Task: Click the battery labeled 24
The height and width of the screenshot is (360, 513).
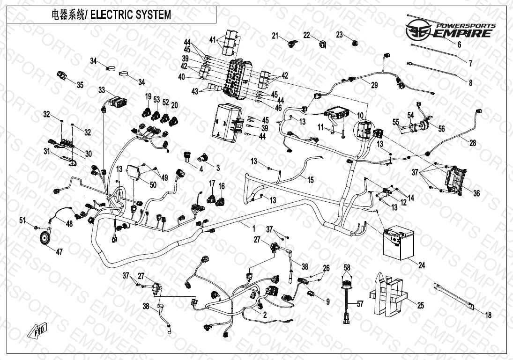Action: click(x=397, y=242)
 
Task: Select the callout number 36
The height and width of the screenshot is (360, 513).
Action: click(x=476, y=193)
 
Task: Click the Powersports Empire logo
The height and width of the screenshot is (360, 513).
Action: click(x=450, y=31)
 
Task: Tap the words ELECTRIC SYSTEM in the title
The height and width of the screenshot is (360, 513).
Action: click(x=130, y=15)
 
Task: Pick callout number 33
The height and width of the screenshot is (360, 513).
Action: click(x=102, y=90)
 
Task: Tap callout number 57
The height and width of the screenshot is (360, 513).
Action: click(x=359, y=304)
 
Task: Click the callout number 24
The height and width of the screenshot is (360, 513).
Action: click(x=422, y=265)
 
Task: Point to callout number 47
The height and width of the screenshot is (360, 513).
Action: click(x=59, y=252)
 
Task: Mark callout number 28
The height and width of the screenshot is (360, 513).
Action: click(x=473, y=143)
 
